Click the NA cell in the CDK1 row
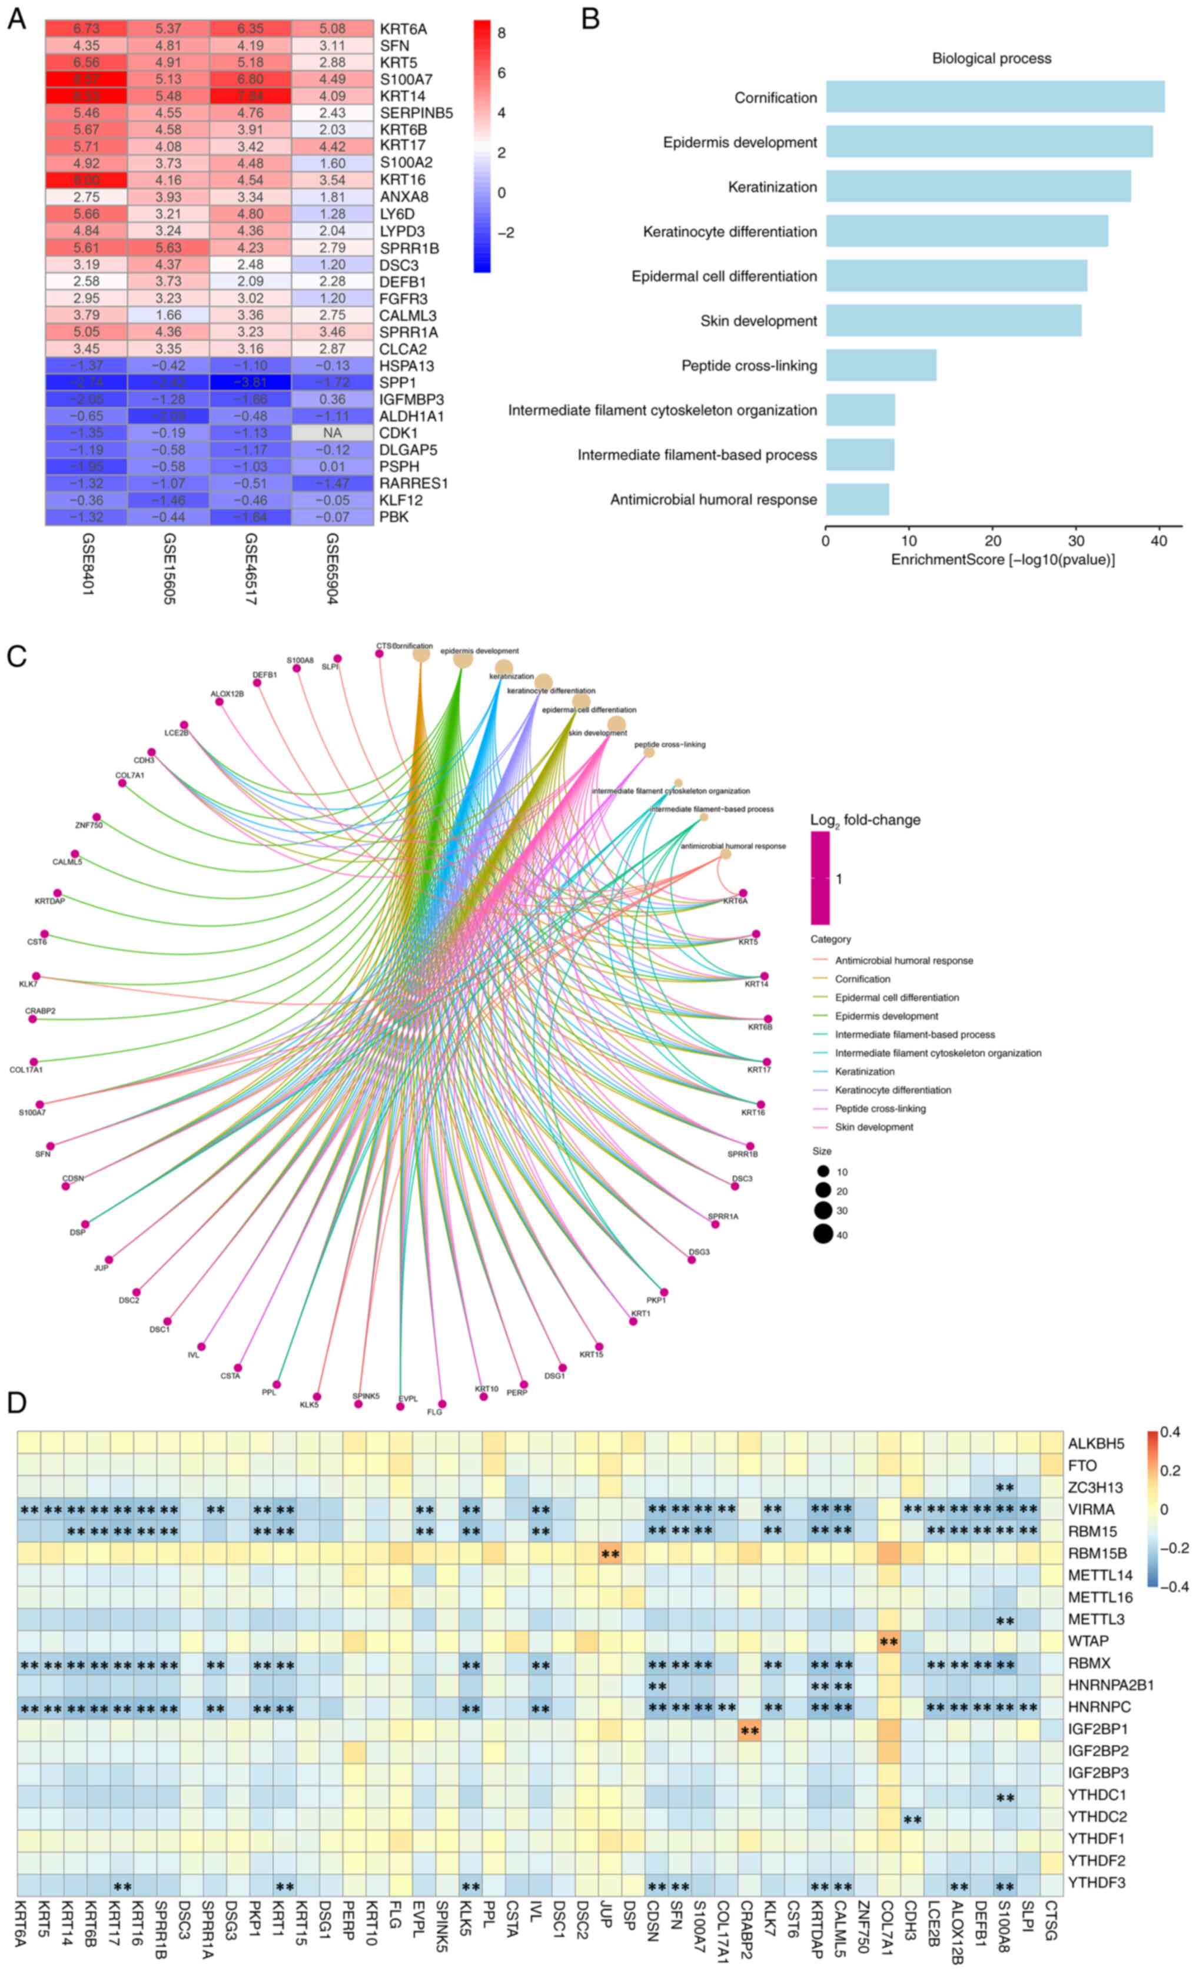tap(332, 433)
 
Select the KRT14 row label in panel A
tap(403, 96)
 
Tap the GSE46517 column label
tap(250, 568)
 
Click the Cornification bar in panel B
tap(994, 97)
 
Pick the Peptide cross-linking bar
tap(881, 365)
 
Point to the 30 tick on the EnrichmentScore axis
tap(1075, 540)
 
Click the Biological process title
tap(991, 58)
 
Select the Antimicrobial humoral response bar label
tap(713, 499)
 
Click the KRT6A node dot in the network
tap(743, 892)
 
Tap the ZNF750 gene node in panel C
tap(97, 817)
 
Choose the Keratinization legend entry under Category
tap(864, 1071)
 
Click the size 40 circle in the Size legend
tap(823, 1234)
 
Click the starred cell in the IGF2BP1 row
tap(750, 1732)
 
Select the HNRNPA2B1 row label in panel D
tap(1111, 1685)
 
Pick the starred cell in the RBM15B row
tap(610, 1554)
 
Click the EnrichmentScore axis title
tap(1002, 559)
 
